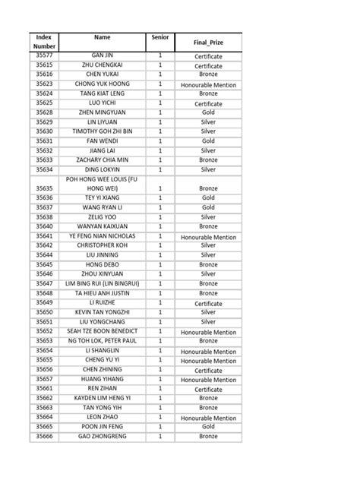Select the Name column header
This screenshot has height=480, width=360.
tap(103, 36)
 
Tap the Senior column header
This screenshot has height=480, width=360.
tap(160, 36)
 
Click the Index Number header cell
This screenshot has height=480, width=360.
tap(44, 42)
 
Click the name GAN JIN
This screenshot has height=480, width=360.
tap(103, 56)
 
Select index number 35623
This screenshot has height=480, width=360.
tap(44, 84)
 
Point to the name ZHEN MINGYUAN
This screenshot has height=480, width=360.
tap(103, 112)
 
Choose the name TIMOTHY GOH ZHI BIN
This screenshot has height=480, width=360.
tap(103, 131)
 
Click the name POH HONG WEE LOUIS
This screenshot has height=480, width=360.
tap(103, 183)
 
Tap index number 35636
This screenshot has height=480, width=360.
tap(44, 197)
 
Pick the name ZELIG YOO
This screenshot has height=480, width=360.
tap(103, 216)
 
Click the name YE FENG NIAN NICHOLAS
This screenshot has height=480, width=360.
tap(103, 236)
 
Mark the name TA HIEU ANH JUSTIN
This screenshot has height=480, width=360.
tap(103, 293)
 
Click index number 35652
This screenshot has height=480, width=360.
tap(44, 332)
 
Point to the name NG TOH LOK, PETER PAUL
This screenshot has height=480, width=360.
tap(103, 341)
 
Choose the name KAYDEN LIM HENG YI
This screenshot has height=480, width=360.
tap(103, 398)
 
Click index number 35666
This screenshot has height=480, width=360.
tap(44, 437)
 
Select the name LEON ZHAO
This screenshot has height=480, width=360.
tap(103, 417)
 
